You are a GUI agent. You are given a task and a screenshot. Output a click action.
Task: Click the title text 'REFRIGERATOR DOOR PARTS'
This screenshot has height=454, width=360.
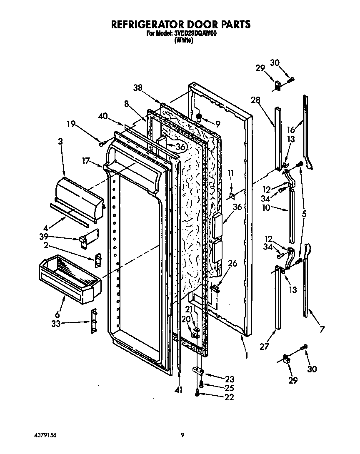pos(180,25)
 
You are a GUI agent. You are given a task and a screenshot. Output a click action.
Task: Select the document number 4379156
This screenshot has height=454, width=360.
pos(45,435)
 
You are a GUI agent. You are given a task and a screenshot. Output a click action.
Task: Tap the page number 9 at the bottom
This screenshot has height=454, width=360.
pos(182,435)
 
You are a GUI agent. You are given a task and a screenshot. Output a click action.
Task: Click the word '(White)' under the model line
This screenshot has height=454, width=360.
pos(183,40)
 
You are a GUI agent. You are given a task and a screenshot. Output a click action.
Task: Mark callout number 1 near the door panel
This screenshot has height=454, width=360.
pos(247,356)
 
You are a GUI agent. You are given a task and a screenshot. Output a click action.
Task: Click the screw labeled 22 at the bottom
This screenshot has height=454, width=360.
pos(197,391)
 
